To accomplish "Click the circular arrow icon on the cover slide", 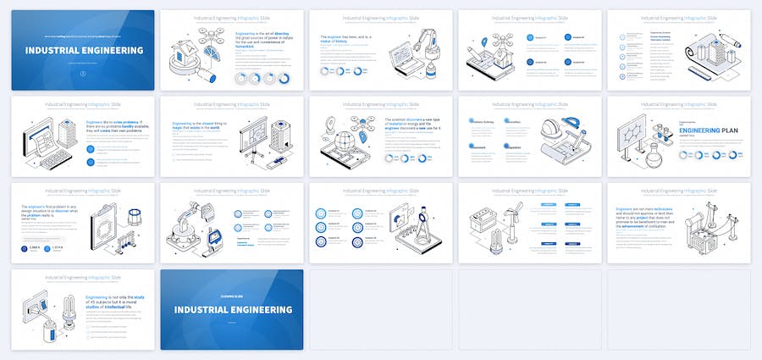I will pyautogui.click(x=83, y=73).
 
